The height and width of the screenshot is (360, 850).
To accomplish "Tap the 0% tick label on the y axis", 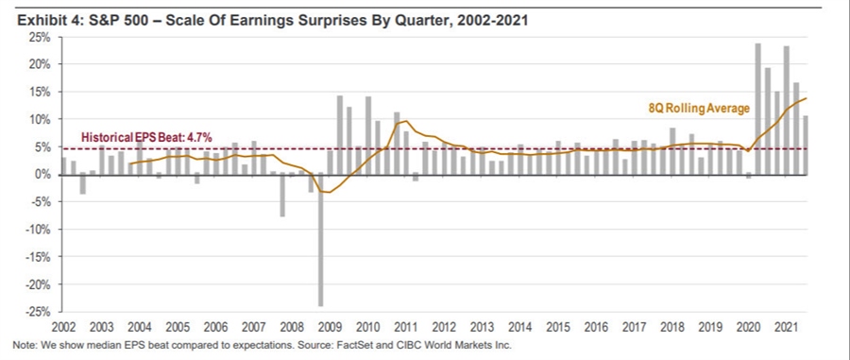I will (x=42, y=175).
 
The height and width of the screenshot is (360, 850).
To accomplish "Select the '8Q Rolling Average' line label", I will (x=697, y=109).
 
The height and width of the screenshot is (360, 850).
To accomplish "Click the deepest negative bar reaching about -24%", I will (x=321, y=240).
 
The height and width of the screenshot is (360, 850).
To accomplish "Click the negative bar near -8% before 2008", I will (x=281, y=196).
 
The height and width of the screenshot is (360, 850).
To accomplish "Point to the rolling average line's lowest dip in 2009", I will (x=326, y=192).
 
